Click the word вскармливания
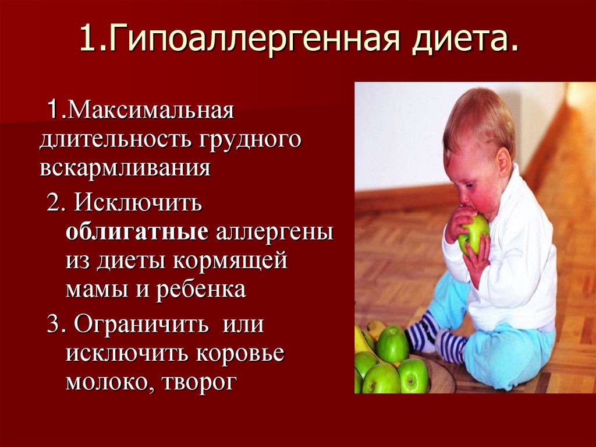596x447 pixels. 125,168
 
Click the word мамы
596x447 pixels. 95,290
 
